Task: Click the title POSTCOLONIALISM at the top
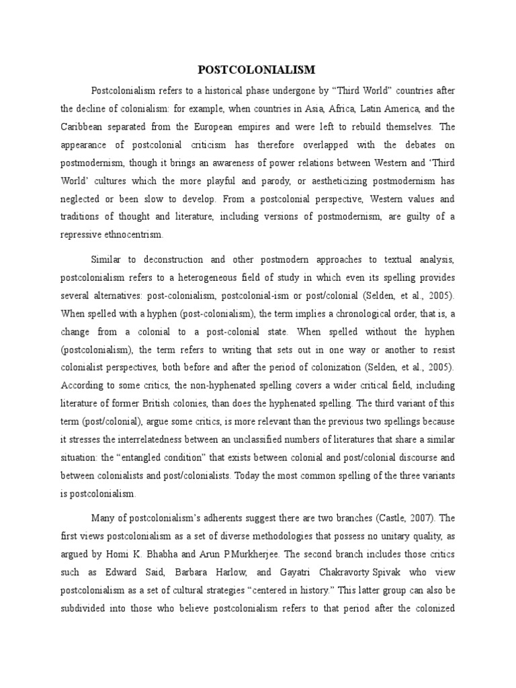(257, 70)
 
